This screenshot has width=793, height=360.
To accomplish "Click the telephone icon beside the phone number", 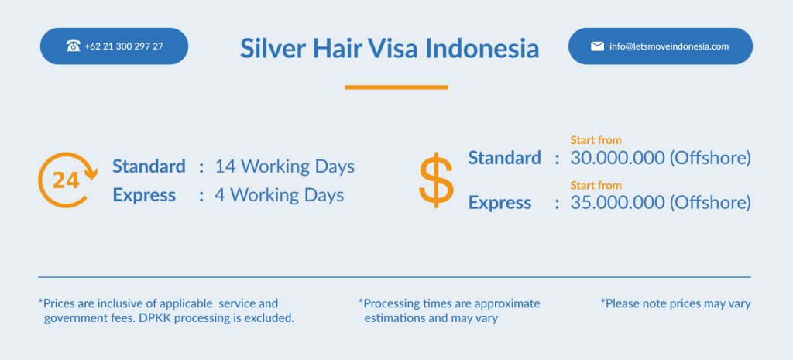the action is pyautogui.click(x=74, y=46).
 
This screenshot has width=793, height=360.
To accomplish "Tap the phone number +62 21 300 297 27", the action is pyautogui.click(x=124, y=46).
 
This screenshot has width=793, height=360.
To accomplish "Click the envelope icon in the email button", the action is pyautogui.click(x=597, y=46).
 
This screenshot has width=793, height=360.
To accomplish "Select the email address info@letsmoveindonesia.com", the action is pyautogui.click(x=669, y=46).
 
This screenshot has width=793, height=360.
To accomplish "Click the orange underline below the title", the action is pyautogui.click(x=396, y=87).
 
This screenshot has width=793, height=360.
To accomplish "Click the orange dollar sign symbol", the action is pyautogui.click(x=436, y=180).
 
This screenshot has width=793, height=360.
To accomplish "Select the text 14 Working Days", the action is pyautogui.click(x=285, y=166).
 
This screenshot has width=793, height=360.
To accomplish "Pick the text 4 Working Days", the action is pyautogui.click(x=279, y=195).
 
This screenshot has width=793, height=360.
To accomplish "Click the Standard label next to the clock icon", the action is pyautogui.click(x=149, y=166).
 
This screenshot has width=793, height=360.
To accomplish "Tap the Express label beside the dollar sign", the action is pyautogui.click(x=499, y=203).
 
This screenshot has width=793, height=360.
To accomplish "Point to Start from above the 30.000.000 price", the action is pyautogui.click(x=596, y=140).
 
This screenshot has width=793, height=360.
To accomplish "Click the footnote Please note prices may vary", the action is pyautogui.click(x=675, y=304).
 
